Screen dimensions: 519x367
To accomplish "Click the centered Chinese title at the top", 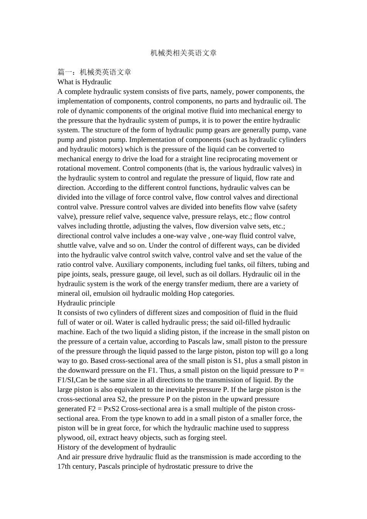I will (183, 53).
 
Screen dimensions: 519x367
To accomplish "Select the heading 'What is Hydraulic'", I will (84, 82).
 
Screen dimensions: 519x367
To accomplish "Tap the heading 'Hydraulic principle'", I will (86, 303).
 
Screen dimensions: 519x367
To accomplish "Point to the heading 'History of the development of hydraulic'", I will (117, 447).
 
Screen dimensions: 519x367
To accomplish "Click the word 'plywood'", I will (70, 438).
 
